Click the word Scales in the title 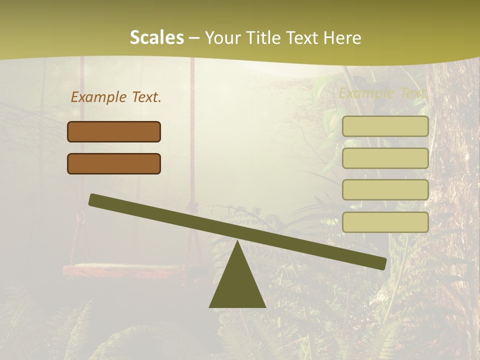click(x=156, y=38)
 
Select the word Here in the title click(x=342, y=38)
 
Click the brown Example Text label click(x=116, y=97)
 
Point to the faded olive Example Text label click(x=383, y=93)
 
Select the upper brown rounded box click(x=114, y=131)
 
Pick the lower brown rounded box click(x=114, y=163)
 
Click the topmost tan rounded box click(x=385, y=126)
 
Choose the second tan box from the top click(x=385, y=158)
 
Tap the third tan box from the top click(x=385, y=190)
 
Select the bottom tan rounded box click(x=385, y=222)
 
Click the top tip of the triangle click(x=237, y=242)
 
